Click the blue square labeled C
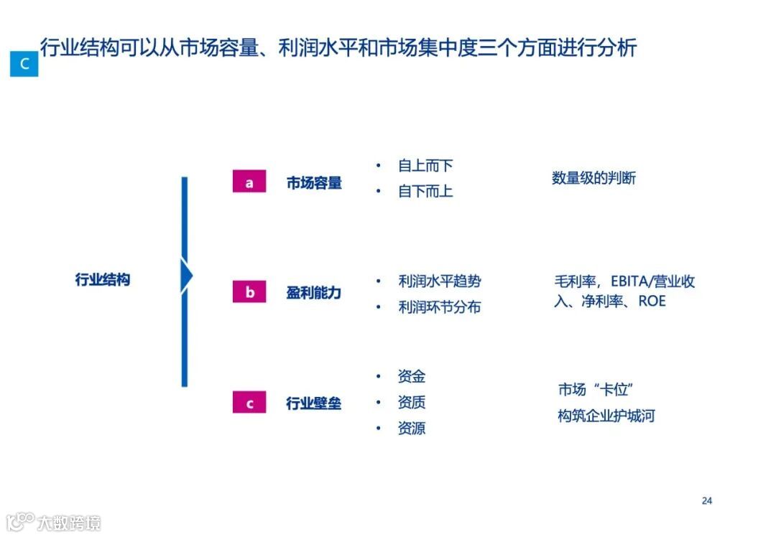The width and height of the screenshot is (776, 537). coord(24,64)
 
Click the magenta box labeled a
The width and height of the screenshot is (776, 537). coord(249,182)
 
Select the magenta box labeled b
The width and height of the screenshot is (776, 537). coord(249,292)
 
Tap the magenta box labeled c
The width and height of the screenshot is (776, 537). coord(249,403)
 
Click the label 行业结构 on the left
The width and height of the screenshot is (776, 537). coord(103,279)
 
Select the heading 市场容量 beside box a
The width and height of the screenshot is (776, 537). coord(314,183)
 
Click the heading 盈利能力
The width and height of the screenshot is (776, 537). coord(314,293)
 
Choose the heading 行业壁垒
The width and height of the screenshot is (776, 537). coord(314,403)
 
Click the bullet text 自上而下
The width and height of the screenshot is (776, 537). coord(425,166)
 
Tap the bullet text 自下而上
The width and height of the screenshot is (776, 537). coord(425,192)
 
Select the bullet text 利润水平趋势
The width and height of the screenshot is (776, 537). coord(439,281)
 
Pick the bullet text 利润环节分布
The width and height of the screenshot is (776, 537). coord(439,307)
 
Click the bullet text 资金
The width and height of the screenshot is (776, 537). coord(412,376)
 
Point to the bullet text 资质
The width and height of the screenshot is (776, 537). coord(412,402)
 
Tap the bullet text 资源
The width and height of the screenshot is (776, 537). coord(412,429)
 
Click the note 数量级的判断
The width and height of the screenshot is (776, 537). coord(593,178)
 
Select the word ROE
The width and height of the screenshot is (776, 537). coord(652,301)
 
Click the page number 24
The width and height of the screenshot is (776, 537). coord(707,500)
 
